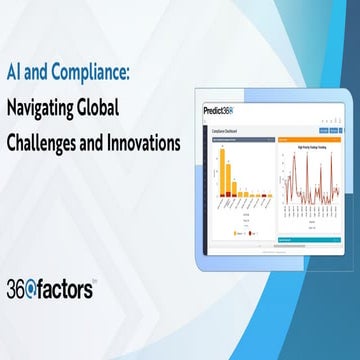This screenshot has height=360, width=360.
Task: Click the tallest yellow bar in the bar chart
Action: point(225,171)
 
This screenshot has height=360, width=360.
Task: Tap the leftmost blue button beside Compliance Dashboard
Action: point(320,129)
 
